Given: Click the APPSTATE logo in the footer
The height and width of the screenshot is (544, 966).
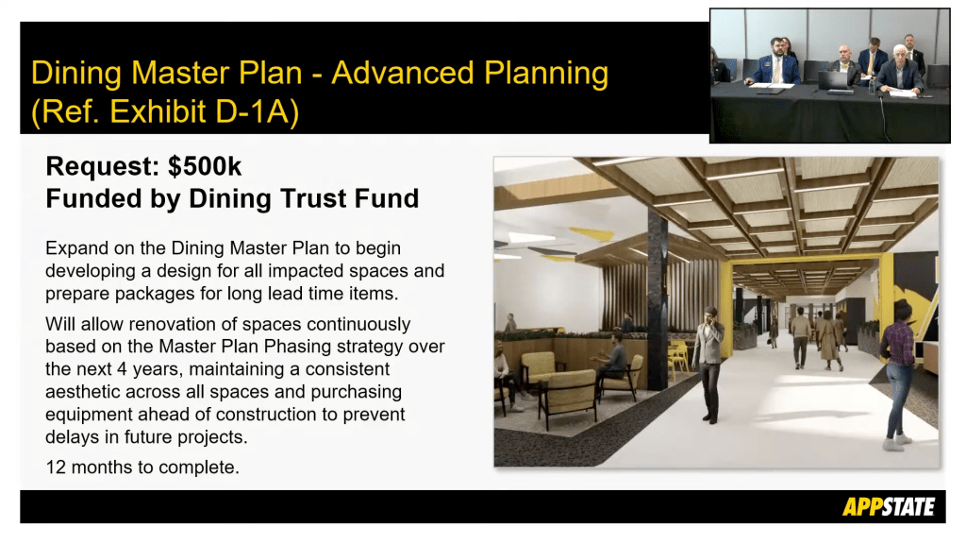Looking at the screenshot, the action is (889, 506).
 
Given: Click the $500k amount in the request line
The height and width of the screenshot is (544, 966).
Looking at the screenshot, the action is (205, 166).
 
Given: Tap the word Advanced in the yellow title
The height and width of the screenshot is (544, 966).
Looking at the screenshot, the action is (403, 73).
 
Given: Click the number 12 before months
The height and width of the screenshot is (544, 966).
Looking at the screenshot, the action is (56, 467).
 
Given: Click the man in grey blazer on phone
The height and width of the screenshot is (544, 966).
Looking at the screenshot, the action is (709, 365).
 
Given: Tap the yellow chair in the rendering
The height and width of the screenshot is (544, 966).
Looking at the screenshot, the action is (678, 358).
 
